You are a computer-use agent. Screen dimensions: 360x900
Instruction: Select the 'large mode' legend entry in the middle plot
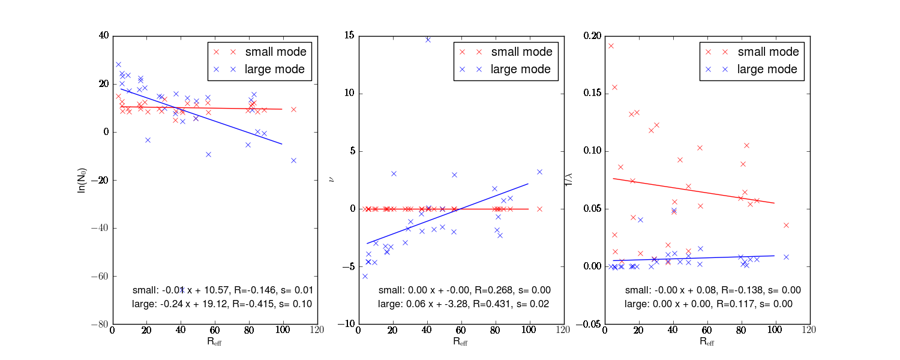(x=521, y=70)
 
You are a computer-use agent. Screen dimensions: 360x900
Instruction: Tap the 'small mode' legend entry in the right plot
(x=768, y=52)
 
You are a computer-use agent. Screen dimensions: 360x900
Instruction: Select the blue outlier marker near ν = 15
(x=428, y=40)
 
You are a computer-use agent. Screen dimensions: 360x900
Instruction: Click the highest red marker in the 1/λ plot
(x=611, y=46)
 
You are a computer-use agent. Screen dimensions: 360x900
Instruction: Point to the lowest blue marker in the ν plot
(x=364, y=276)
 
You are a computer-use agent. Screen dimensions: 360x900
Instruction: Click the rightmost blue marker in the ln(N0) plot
(x=293, y=160)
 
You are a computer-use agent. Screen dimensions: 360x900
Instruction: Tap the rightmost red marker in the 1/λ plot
(x=786, y=225)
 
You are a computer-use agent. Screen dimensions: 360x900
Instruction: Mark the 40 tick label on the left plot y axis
(x=103, y=36)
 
